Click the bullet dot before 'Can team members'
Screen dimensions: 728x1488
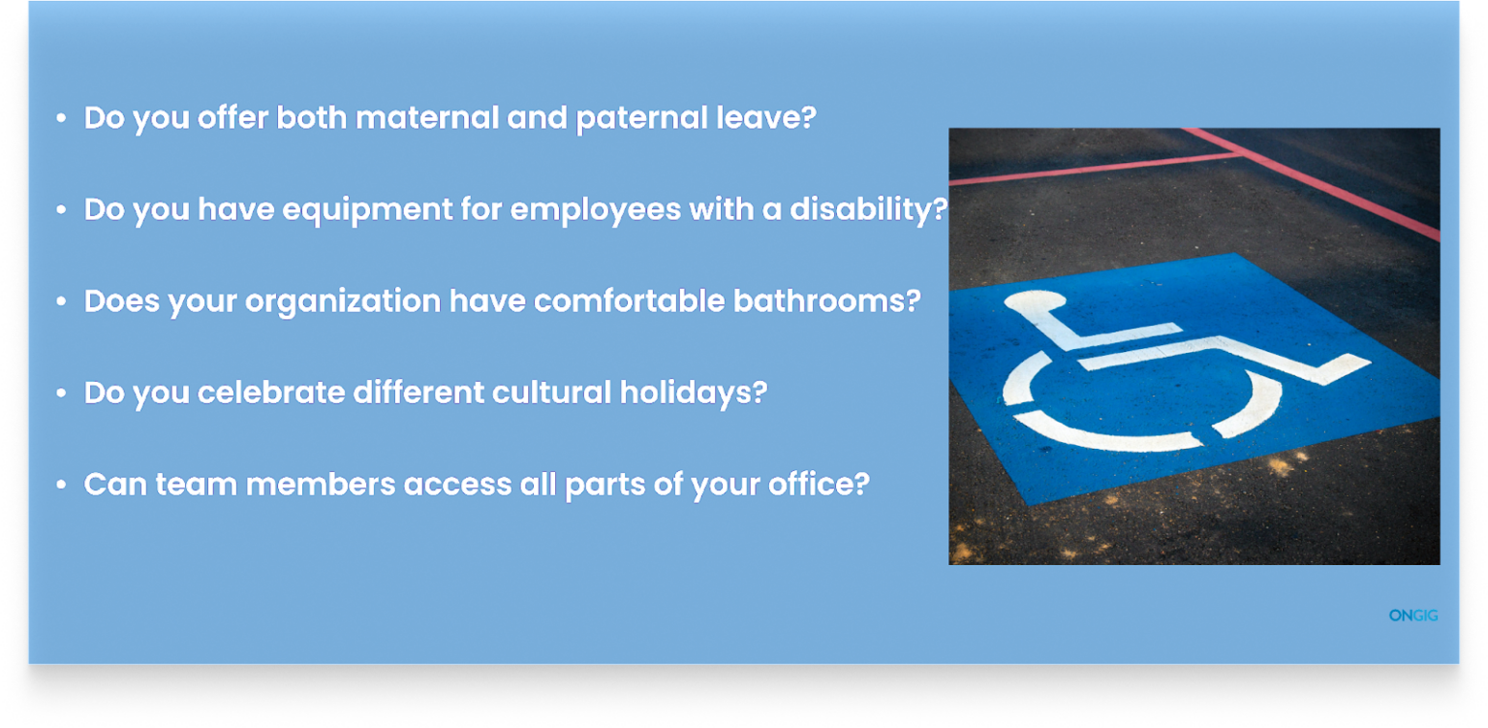pyautogui.click(x=62, y=484)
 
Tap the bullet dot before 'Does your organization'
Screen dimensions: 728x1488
pyautogui.click(x=62, y=301)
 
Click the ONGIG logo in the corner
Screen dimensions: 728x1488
pyautogui.click(x=1413, y=616)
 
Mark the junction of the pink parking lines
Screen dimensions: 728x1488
pyautogui.click(x=1239, y=152)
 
